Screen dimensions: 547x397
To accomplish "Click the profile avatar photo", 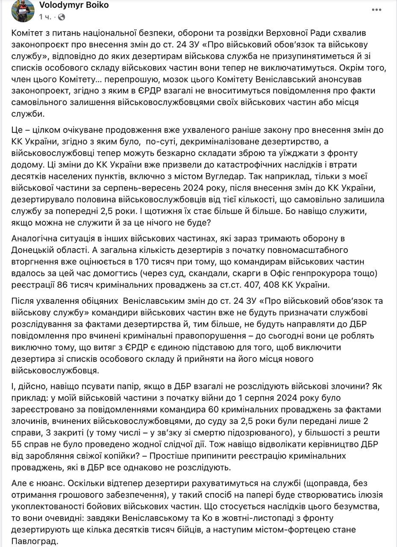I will tap(23, 11).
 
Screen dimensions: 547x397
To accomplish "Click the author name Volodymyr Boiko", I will tap(74, 5).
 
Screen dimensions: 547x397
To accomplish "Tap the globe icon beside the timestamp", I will tap(62, 17).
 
